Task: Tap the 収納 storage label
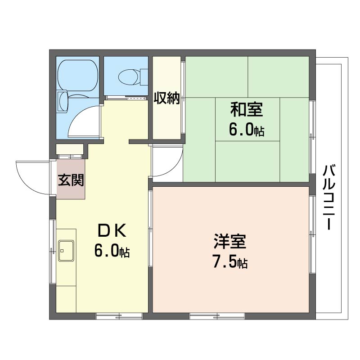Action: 166,98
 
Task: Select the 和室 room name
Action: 247,110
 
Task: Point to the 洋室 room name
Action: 230,242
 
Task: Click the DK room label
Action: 112,230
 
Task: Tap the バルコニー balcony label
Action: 329,197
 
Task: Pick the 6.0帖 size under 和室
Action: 246,130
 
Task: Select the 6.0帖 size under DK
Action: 112,251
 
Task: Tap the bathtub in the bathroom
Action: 78,75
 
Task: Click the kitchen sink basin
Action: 66,251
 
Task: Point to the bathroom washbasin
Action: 63,102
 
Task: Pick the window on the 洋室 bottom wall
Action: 217,316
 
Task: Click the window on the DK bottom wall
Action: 119,316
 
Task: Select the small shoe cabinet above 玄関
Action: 70,149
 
